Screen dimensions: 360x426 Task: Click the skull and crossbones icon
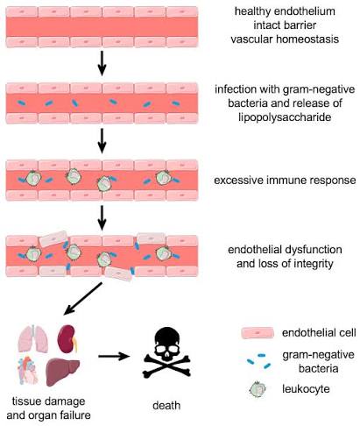tap(166, 352)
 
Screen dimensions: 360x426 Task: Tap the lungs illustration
tap(33, 338)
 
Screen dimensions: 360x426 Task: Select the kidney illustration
tap(67, 339)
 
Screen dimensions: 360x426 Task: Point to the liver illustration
tap(63, 371)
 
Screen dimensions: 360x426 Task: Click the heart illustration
tap(28, 370)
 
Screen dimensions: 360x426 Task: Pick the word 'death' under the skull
tap(166, 405)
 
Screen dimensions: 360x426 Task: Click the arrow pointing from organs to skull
tap(114, 356)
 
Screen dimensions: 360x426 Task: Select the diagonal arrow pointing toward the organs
tap(82, 299)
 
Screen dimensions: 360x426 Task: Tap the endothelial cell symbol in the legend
tap(258, 333)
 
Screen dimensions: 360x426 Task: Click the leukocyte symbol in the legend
tap(258, 389)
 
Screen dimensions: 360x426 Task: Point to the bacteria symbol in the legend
tap(258, 361)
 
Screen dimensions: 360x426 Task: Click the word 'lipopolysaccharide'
tap(285, 117)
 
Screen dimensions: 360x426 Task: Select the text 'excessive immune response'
tap(285, 180)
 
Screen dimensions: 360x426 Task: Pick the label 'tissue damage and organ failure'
tap(48, 408)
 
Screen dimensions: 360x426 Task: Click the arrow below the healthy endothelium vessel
tap(102, 63)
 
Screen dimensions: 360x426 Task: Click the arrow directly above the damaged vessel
tap(102, 217)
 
